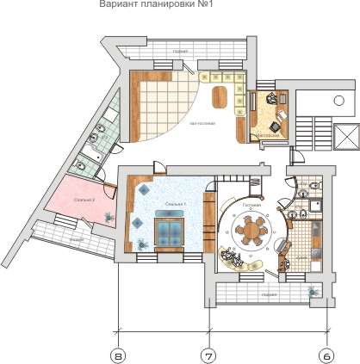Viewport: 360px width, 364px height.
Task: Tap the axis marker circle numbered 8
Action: coord(119,354)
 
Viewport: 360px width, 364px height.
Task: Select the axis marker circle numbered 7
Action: coord(208,354)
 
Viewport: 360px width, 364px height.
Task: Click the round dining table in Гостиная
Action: coord(252,230)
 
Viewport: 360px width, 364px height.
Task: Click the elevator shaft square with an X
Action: coord(347,134)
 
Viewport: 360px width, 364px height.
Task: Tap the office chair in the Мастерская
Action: coord(275,102)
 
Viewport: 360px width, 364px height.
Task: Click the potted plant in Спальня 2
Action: coord(105,216)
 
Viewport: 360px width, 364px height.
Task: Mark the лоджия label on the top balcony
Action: coord(180,51)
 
